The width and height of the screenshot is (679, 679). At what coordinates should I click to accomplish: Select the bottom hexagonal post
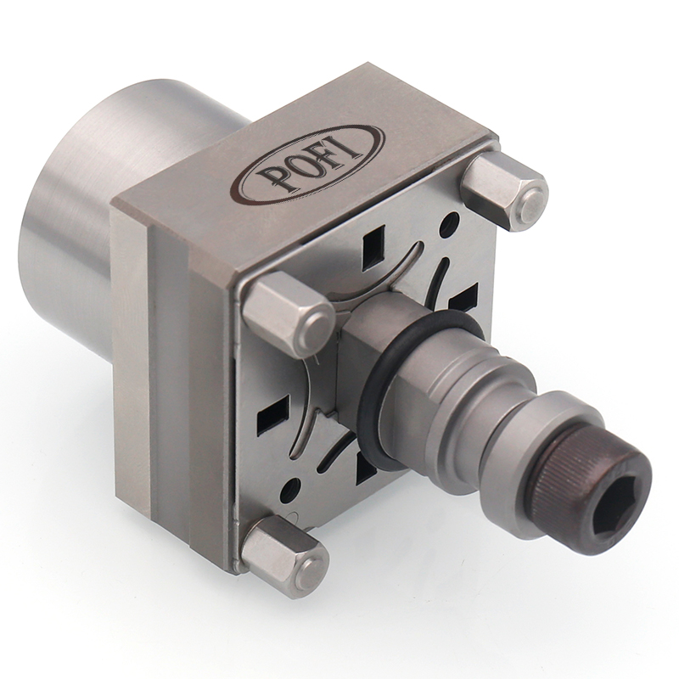click(x=283, y=547)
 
